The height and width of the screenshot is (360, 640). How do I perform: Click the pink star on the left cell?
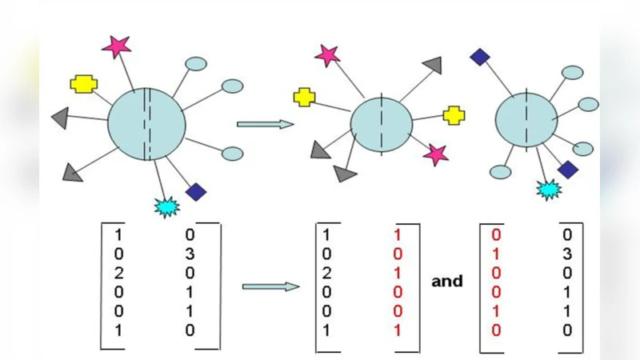pyautogui.click(x=117, y=46)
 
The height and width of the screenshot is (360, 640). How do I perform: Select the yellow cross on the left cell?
pyautogui.click(x=82, y=83)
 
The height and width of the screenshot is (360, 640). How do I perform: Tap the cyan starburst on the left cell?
pyautogui.click(x=167, y=206)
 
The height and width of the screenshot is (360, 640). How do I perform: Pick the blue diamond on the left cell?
pyautogui.click(x=196, y=192)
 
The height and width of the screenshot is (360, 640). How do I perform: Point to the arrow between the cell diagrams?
pyautogui.click(x=265, y=124)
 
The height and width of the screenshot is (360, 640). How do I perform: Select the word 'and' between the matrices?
pyautogui.click(x=447, y=281)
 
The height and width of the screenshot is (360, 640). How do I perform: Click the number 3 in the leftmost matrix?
pyautogui.click(x=190, y=254)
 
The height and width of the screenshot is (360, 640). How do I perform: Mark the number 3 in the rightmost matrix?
pyautogui.click(x=566, y=254)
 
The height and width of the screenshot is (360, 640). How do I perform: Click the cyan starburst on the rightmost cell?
pyautogui.click(x=549, y=189)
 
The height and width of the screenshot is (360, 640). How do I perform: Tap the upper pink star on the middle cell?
pyautogui.click(x=326, y=55)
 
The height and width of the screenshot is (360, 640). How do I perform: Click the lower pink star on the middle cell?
pyautogui.click(x=436, y=154)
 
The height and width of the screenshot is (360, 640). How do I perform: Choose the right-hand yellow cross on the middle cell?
pyautogui.click(x=454, y=115)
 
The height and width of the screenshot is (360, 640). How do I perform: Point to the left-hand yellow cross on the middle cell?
pyautogui.click(x=304, y=97)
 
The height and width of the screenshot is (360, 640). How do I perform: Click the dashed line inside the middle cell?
pyautogui.click(x=382, y=124)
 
